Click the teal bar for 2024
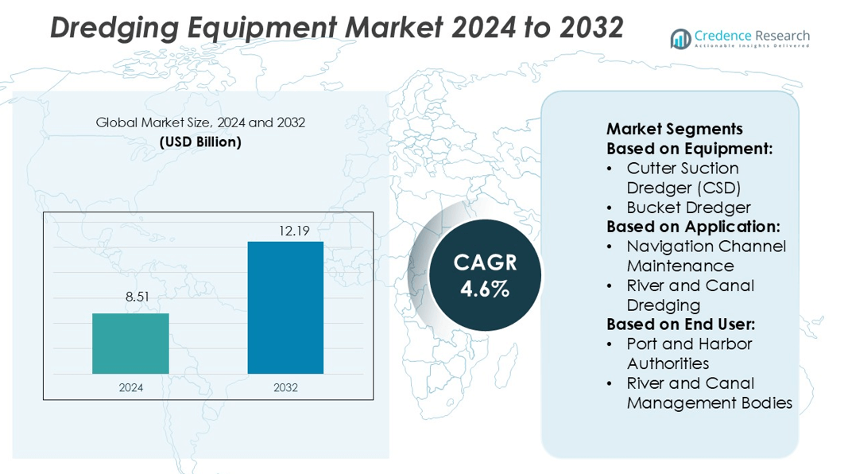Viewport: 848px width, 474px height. coord(130,344)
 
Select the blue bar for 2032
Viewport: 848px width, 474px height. coord(285,307)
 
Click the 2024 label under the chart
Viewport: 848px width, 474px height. coord(130,387)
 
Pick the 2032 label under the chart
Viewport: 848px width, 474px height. coord(285,387)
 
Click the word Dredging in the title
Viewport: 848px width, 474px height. coord(114,27)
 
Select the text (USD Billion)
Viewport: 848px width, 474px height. coord(200,142)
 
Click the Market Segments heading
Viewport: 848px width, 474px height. coord(674,129)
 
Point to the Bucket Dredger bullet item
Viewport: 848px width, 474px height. coord(688,208)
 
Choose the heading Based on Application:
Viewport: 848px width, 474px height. coord(693,227)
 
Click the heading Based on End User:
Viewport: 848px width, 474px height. coord(680,324)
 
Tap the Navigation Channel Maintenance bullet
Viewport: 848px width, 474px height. coord(706,256)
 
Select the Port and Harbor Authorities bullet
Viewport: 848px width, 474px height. coord(688,353)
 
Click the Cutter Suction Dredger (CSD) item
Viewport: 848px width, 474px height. coord(683,178)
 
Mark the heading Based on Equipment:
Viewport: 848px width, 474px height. coord(690,149)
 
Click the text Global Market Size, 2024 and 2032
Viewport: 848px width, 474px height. coord(200,123)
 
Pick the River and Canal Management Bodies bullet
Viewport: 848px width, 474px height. coord(709,393)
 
